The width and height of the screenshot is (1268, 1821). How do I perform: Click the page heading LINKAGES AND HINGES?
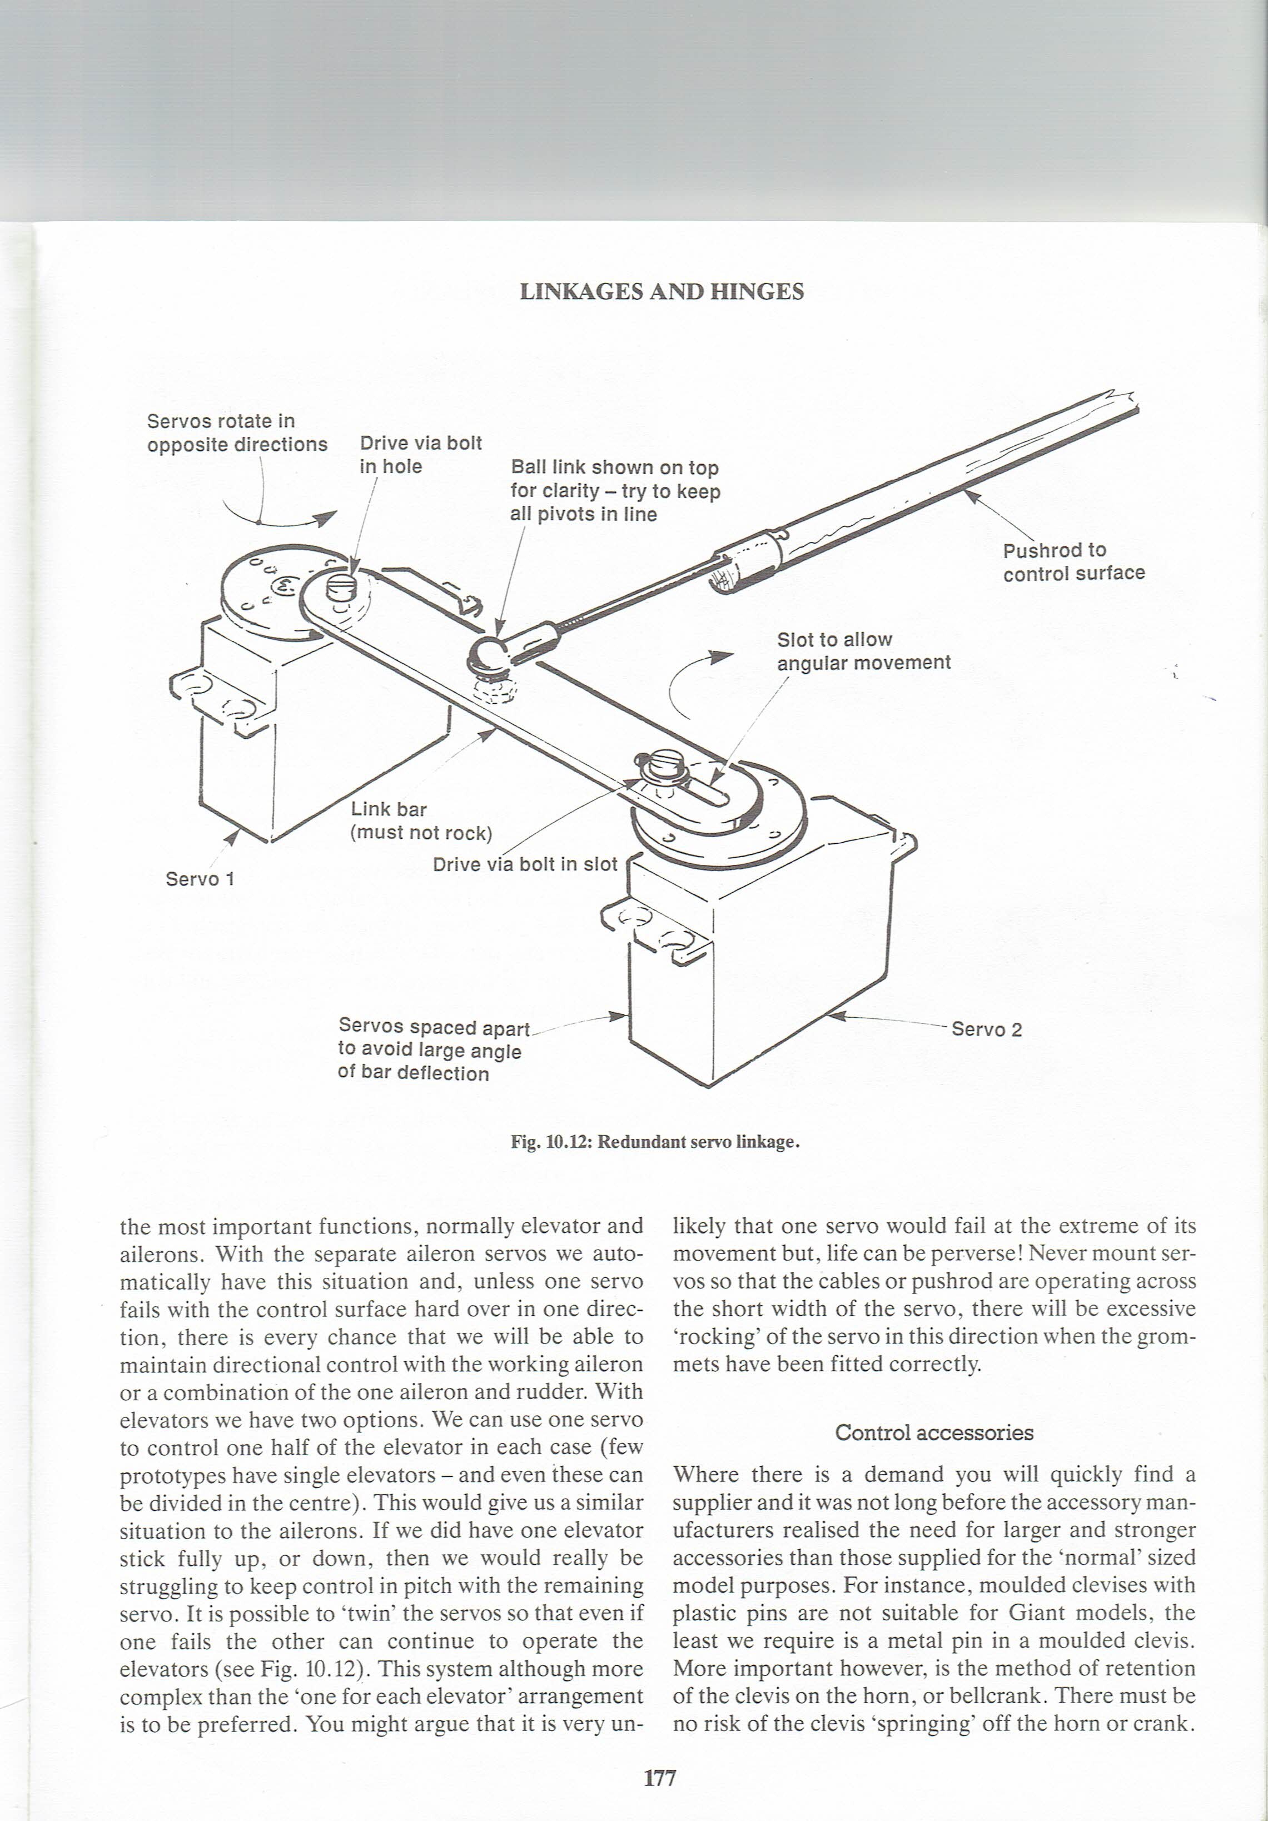(x=662, y=292)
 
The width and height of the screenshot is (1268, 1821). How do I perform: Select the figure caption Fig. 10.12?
(x=655, y=1142)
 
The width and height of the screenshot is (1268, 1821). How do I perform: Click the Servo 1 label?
(x=200, y=879)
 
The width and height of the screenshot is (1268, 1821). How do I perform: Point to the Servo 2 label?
(x=987, y=1029)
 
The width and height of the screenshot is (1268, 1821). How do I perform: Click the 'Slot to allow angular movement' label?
(x=863, y=651)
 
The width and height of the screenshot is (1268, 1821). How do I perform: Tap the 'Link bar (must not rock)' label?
(x=421, y=821)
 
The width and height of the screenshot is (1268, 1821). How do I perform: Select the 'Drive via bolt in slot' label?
(x=524, y=864)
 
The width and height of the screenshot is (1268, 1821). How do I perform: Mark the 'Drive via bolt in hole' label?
(x=420, y=455)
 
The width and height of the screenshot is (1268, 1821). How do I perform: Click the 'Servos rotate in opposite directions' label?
(x=236, y=433)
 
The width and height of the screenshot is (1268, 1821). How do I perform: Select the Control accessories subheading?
(x=934, y=1433)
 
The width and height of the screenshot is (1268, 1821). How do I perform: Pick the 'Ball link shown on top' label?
(x=615, y=491)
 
